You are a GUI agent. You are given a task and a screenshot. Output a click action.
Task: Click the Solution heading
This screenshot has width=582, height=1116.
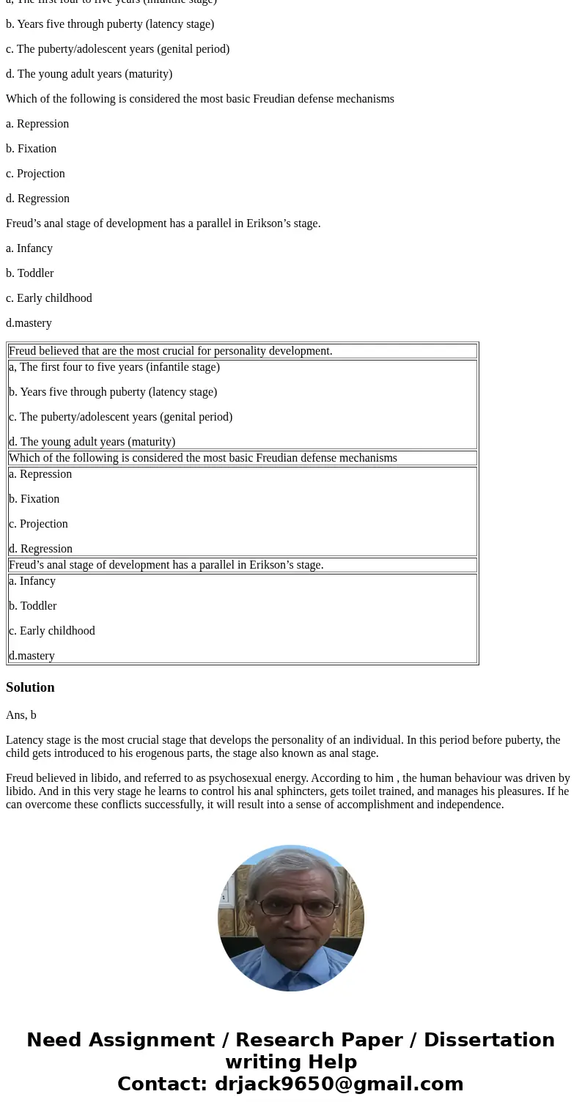pos(30,687)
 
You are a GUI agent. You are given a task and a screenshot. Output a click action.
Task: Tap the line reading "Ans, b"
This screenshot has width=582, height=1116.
pos(21,715)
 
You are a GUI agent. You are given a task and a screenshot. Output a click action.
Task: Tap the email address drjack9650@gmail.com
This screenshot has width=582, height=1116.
pos(339,1084)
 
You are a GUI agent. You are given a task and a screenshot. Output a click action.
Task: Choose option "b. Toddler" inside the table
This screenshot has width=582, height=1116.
pos(33,606)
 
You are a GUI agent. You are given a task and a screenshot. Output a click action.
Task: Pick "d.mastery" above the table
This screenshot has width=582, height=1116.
pos(29,323)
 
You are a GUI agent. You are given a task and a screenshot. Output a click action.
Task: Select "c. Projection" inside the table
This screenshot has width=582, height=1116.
pos(38,524)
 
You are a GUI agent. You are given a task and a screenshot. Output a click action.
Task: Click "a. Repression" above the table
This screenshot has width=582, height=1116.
pos(37,124)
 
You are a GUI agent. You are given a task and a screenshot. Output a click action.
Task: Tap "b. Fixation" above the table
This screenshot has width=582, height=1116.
pos(31,149)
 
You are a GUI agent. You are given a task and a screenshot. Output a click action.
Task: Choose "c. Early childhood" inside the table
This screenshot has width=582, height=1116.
pos(52,631)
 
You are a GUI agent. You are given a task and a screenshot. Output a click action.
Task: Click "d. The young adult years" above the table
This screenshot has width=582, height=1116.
pos(89,74)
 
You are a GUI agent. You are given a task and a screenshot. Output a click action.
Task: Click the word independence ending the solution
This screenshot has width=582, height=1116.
pos(471,805)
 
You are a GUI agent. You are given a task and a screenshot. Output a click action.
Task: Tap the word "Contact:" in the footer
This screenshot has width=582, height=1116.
pos(162,1084)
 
